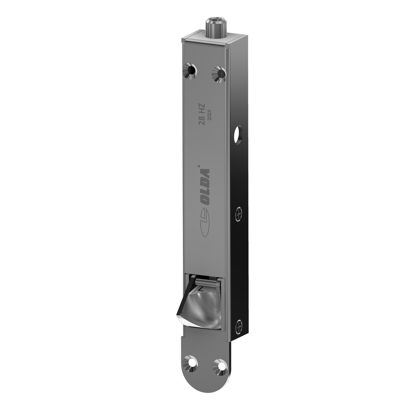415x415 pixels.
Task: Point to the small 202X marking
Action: point(210,116)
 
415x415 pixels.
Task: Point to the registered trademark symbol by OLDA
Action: point(199,165)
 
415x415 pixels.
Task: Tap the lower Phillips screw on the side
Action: point(240,325)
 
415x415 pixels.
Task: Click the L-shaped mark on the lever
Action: point(201,289)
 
